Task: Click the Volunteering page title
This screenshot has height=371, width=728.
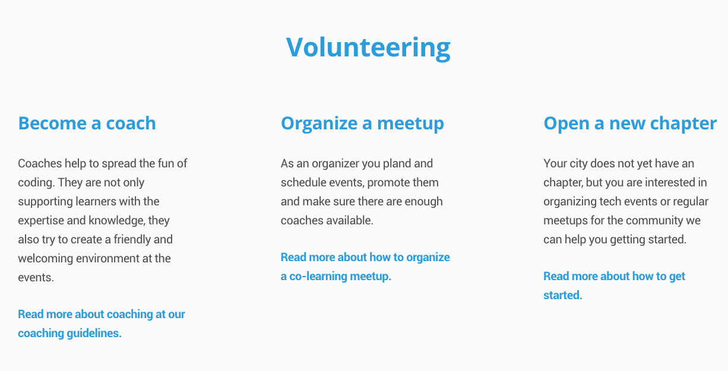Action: tap(368, 47)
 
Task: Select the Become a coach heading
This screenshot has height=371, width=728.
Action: tap(87, 123)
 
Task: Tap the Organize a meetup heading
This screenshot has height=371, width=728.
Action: tap(362, 123)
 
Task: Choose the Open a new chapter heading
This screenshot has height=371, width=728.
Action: tap(630, 123)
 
